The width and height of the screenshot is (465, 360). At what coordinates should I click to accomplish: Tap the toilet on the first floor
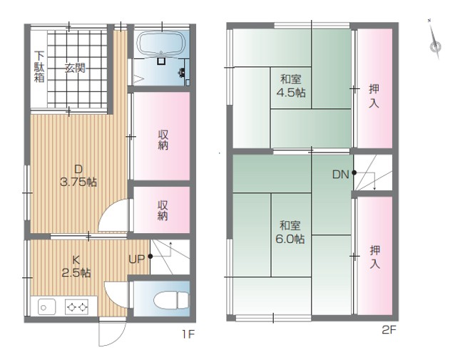pyautogui.click(x=171, y=299)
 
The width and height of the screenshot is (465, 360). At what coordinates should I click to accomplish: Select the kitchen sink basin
pyautogui.click(x=46, y=307)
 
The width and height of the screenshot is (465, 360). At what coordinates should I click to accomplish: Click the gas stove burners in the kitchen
pyautogui.click(x=76, y=307)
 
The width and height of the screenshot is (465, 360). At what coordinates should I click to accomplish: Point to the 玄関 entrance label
pyautogui.click(x=75, y=68)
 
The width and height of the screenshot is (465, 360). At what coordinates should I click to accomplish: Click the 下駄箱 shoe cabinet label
pyautogui.click(x=39, y=67)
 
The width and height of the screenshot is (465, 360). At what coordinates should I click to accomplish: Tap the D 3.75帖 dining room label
pyautogui.click(x=78, y=175)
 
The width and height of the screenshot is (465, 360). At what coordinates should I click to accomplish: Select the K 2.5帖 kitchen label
pyautogui.click(x=76, y=266)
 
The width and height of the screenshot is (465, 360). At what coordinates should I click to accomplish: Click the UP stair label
pyautogui.click(x=137, y=259)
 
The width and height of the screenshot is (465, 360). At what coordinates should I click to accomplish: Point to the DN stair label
pyautogui.click(x=341, y=175)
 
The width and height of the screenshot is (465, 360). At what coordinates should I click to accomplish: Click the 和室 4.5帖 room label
pyautogui.click(x=291, y=86)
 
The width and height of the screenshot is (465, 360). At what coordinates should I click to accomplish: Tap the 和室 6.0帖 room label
pyautogui.click(x=290, y=232)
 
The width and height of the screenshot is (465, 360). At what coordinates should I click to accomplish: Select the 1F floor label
pyautogui.click(x=188, y=334)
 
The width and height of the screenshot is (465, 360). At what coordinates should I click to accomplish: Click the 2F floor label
pyautogui.click(x=389, y=330)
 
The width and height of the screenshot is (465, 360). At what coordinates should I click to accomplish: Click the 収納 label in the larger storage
pyautogui.click(x=163, y=140)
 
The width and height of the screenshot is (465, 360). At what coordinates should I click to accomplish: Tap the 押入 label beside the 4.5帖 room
pyautogui.click(x=374, y=96)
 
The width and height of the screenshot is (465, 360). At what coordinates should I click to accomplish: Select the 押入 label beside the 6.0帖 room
pyautogui.click(x=375, y=257)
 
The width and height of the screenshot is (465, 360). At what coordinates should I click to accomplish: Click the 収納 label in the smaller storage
pyautogui.click(x=163, y=210)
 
